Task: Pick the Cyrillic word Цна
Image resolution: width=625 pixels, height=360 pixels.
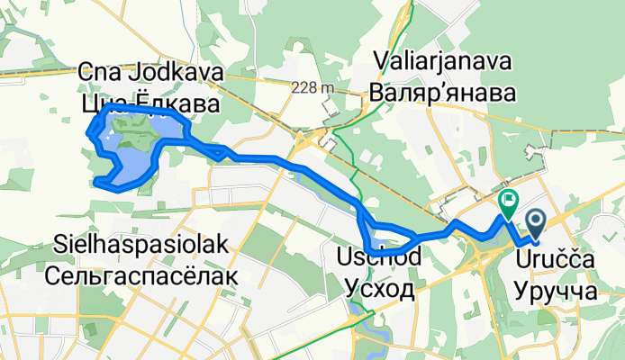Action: tap(102, 104)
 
